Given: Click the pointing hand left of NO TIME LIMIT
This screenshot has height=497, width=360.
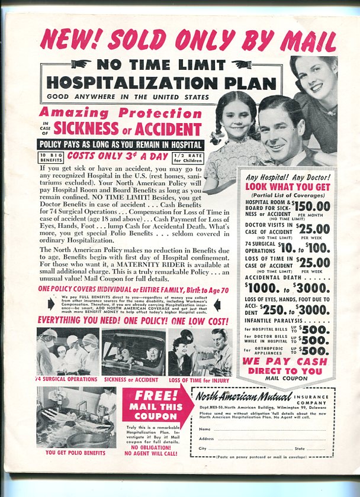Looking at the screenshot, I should click(81, 64).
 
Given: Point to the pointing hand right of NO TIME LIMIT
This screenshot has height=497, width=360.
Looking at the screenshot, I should click(242, 64).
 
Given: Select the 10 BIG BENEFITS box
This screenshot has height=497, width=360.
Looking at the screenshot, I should click(50, 157).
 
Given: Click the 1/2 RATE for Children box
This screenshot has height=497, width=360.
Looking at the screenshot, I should click(187, 157).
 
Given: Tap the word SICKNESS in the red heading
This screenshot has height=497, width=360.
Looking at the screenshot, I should click(86, 128).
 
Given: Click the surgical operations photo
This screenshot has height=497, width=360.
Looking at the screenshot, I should click(67, 351).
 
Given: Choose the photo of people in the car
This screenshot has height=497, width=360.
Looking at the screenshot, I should click(134, 352).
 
